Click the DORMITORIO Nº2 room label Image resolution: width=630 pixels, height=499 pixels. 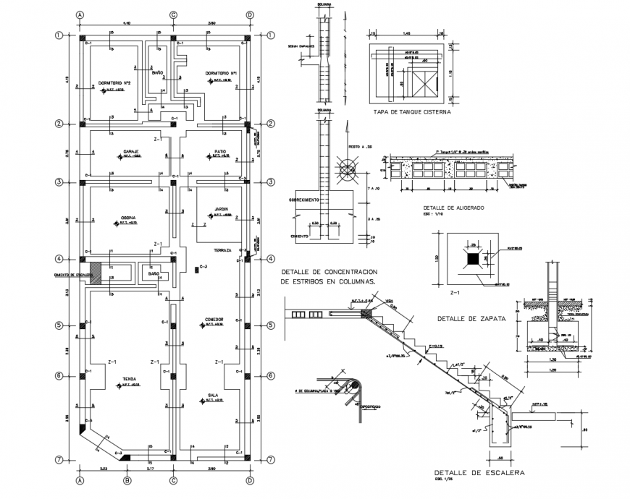114,82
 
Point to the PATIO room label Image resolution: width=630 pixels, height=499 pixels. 220,151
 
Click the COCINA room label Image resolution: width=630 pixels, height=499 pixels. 129,216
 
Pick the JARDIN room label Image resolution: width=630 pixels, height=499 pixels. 219,208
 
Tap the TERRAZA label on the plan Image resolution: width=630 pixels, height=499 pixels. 222,250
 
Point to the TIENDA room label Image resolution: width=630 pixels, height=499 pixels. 129,379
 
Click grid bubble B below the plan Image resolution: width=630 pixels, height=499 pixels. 127,479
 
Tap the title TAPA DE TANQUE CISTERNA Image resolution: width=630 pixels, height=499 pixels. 412,113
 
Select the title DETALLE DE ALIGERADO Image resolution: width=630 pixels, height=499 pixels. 455,207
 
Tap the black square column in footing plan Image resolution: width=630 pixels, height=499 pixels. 472,258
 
